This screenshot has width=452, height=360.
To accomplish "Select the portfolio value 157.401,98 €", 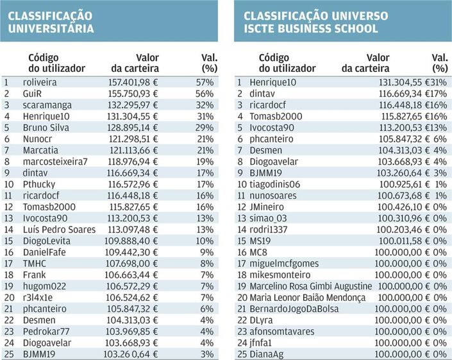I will tap(132, 81).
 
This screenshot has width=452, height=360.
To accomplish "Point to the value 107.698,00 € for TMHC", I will tap(132, 264).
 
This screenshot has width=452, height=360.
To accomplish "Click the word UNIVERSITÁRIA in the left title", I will tap(51, 28).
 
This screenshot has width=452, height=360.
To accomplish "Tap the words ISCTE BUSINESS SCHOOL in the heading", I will tap(311, 28).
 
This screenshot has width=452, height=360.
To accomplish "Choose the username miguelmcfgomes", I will tap(288, 263).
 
